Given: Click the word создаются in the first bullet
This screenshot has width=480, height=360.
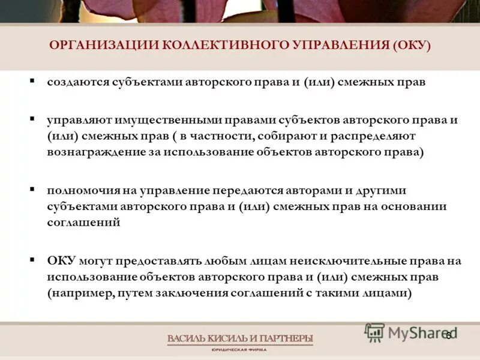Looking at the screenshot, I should (79, 83).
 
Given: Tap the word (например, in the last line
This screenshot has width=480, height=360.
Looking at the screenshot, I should (78, 293).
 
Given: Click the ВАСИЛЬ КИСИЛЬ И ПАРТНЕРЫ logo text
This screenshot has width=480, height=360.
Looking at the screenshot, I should (240, 339).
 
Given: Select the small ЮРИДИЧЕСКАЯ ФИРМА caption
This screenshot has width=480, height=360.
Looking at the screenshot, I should (240, 350).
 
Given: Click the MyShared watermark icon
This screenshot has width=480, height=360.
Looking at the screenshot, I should (375, 332).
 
